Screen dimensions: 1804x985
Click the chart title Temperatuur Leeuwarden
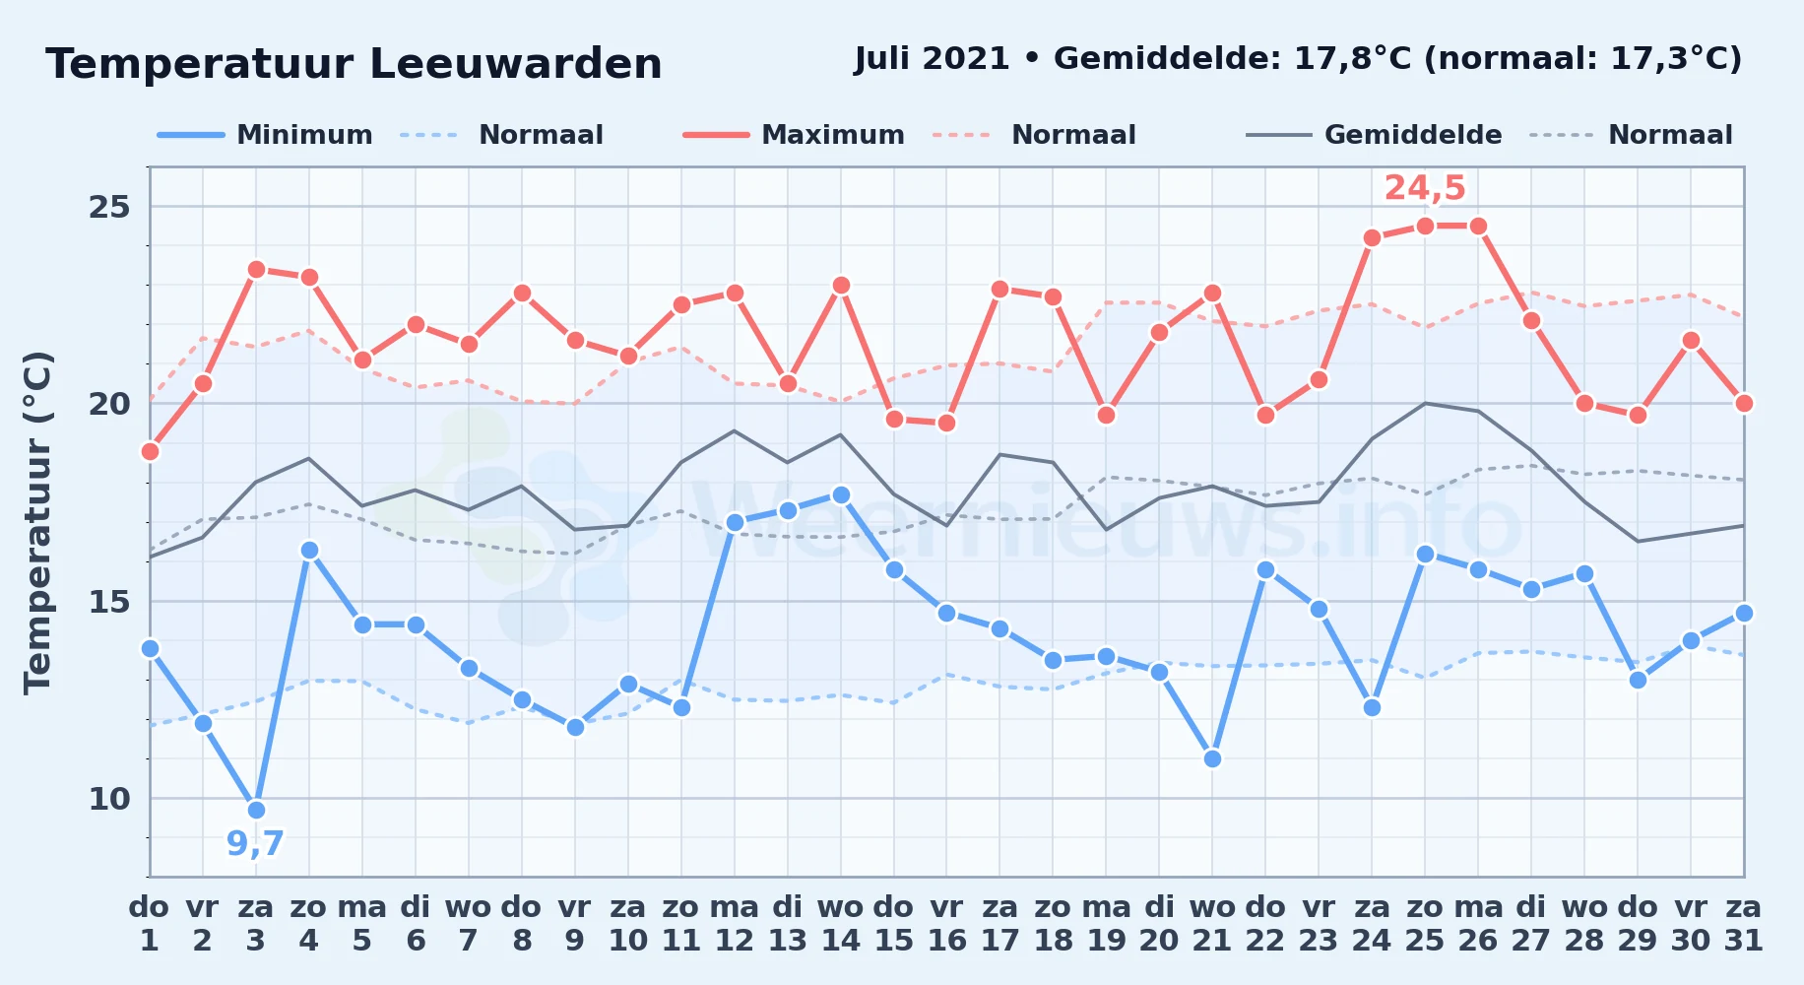click(x=354, y=64)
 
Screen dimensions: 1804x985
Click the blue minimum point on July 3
click(x=256, y=810)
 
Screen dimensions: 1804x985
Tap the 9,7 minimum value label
click(x=255, y=844)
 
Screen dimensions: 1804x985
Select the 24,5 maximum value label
click(x=1425, y=187)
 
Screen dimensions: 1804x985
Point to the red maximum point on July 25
click(x=1425, y=226)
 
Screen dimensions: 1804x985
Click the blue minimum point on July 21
click(x=1212, y=758)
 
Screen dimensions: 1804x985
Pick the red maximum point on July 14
click(x=841, y=285)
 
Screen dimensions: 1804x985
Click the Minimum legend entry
click(x=265, y=135)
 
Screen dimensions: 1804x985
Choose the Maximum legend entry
click(x=794, y=135)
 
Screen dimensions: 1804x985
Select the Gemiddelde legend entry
click(x=1374, y=135)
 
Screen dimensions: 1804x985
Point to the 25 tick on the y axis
click(x=109, y=207)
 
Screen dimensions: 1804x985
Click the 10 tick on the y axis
click(x=109, y=799)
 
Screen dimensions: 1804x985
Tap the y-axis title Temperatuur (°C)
click(x=37, y=522)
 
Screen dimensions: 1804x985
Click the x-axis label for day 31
click(x=1744, y=924)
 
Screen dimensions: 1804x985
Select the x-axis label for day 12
click(x=735, y=924)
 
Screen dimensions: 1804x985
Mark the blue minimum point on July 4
click(x=309, y=550)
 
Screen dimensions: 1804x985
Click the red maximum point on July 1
click(x=150, y=451)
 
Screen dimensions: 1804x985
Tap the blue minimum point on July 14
click(x=841, y=494)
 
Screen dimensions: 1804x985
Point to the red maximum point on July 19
click(x=1106, y=415)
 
